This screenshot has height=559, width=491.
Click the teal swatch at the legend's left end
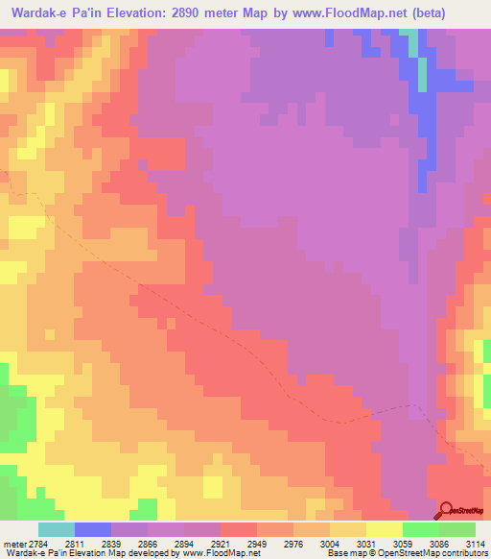(56, 529)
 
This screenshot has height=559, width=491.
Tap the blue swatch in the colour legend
(92, 529)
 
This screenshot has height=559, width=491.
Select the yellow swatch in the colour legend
(384, 529)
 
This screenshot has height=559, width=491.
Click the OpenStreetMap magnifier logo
(446, 509)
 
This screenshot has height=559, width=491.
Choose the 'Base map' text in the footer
(343, 553)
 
